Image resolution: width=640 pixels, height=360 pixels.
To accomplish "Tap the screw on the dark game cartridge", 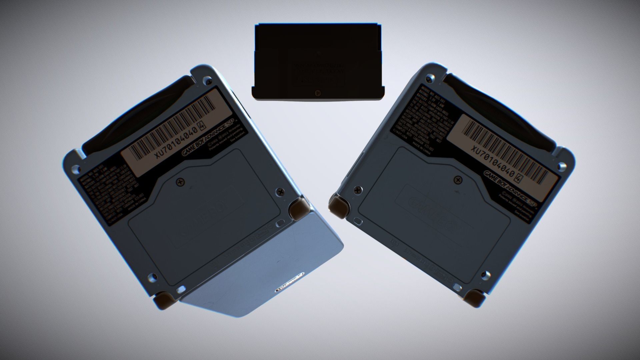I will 317,92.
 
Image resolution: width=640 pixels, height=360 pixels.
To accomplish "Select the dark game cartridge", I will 318,62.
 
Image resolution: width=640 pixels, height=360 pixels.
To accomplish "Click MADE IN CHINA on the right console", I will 421,148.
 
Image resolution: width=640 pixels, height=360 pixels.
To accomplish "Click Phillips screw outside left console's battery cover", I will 279,192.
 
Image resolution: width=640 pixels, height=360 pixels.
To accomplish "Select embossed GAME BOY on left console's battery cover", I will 203,218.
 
